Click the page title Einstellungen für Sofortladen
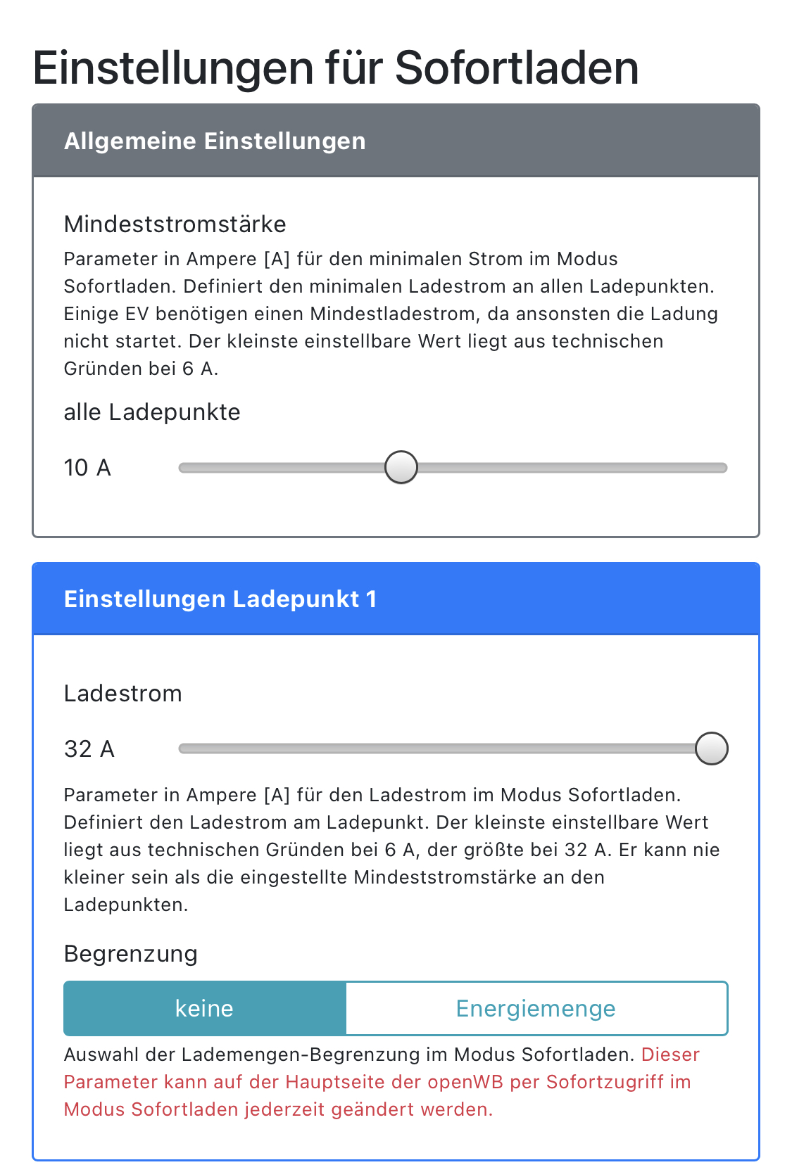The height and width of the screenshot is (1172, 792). (x=336, y=68)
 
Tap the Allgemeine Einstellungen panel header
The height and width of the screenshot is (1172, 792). (x=215, y=141)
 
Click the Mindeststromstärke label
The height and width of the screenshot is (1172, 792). (x=175, y=224)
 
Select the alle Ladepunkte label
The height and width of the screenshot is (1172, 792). (x=152, y=412)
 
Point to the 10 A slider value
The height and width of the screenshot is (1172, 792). (x=87, y=468)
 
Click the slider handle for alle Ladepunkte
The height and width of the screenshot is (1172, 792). (x=401, y=468)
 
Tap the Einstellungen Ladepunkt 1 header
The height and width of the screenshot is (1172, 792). (x=220, y=599)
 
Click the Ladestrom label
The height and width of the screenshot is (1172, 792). (x=123, y=694)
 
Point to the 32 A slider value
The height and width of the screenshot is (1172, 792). (x=89, y=749)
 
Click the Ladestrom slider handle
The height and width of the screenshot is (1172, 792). (x=711, y=749)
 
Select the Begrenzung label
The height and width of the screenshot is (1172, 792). (x=131, y=954)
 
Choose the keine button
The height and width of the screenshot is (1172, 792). (x=204, y=1009)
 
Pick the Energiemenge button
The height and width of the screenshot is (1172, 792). (x=536, y=1009)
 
